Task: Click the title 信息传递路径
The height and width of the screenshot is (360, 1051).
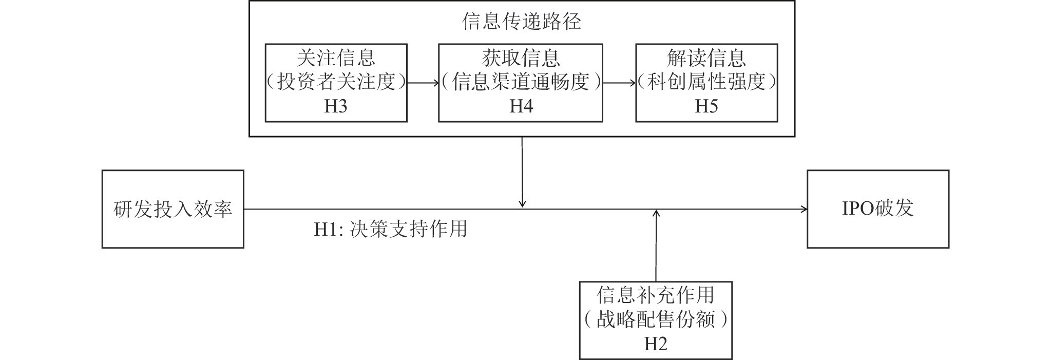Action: click(x=521, y=22)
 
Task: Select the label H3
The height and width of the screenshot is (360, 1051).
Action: click(x=336, y=106)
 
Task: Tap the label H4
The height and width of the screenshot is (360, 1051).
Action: click(x=521, y=106)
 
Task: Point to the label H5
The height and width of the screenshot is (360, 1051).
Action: click(x=706, y=106)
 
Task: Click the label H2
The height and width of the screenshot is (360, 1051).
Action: click(x=656, y=344)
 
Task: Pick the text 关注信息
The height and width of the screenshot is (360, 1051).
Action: click(x=336, y=58)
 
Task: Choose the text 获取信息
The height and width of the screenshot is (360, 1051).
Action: click(x=521, y=58)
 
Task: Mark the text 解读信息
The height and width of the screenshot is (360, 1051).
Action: click(x=706, y=58)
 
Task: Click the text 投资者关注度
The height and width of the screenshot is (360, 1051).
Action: click(x=336, y=82)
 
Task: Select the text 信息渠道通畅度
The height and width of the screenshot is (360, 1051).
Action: click(x=521, y=82)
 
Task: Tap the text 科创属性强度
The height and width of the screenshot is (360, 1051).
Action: click(x=706, y=82)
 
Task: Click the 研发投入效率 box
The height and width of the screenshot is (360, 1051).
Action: click(x=173, y=209)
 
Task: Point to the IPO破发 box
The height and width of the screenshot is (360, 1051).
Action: click(x=878, y=209)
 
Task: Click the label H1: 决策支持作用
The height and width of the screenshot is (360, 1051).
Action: click(x=391, y=229)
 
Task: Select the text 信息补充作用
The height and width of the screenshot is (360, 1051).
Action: click(x=656, y=295)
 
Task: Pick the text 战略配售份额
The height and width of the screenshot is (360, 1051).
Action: click(x=656, y=320)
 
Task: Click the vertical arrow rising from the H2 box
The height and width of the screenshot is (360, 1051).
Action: click(x=656, y=245)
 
